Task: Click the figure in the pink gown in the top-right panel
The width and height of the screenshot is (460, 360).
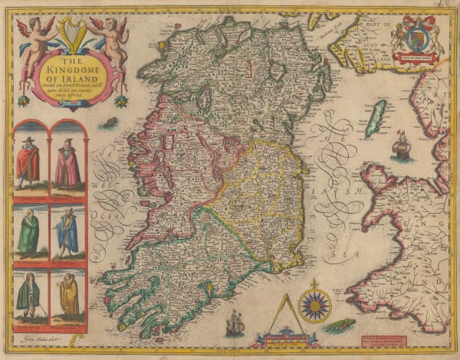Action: pos(68,165)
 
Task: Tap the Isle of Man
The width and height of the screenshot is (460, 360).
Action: pos(376,119)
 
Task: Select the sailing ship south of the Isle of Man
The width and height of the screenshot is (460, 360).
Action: pos(400,146)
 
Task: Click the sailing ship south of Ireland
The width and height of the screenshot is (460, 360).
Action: pos(235,323)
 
